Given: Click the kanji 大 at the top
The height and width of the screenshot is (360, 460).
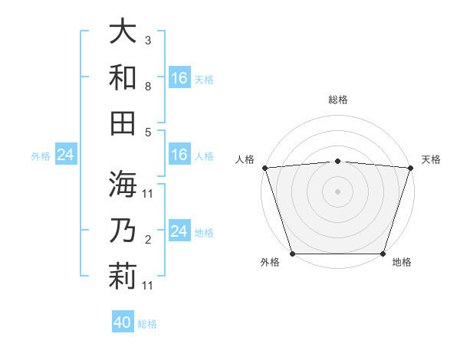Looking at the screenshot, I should click(x=123, y=31).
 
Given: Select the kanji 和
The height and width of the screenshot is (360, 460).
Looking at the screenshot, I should click(x=123, y=77).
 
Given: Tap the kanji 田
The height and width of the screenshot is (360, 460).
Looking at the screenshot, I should click(x=123, y=123).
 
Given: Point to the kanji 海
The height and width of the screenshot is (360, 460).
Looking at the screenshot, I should click(x=123, y=184).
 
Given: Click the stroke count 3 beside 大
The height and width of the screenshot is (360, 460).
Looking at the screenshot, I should click(x=148, y=40).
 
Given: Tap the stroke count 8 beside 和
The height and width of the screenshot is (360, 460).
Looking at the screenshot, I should click(x=148, y=86).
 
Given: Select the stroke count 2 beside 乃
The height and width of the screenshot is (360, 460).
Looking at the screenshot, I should click(x=148, y=239).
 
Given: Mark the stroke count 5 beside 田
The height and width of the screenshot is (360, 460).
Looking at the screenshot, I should click(x=148, y=132).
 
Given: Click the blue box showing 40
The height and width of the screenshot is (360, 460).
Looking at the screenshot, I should click(x=123, y=322).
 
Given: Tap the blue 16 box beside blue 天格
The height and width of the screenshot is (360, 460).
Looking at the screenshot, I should click(x=179, y=78).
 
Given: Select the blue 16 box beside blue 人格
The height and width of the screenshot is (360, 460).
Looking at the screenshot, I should click(x=179, y=155).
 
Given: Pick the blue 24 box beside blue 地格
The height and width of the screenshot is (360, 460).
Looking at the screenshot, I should click(x=179, y=231).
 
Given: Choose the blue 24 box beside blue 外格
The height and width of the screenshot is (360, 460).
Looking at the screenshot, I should click(x=65, y=155).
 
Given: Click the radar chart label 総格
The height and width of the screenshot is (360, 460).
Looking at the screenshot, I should click(x=337, y=100).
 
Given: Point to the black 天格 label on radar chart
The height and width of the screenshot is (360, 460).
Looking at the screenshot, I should click(x=431, y=159).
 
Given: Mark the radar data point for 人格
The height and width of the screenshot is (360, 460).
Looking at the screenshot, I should click(x=264, y=167).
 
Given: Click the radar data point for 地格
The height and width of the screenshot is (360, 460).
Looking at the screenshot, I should click(x=383, y=253).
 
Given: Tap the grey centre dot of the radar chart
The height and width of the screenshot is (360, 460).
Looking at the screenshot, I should click(x=337, y=191).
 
